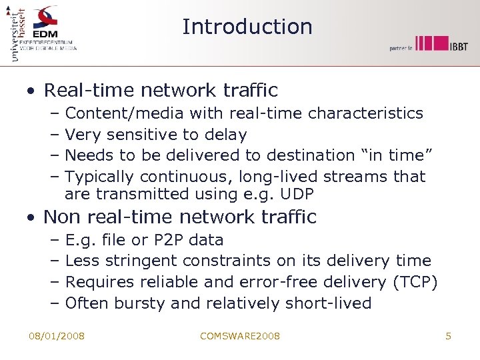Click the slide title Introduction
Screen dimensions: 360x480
[247, 27]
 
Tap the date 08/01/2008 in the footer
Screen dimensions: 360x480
[57, 336]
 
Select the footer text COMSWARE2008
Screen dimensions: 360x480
[240, 336]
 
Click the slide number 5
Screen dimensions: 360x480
[448, 336]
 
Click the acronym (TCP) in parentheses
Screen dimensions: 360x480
[415, 282]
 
